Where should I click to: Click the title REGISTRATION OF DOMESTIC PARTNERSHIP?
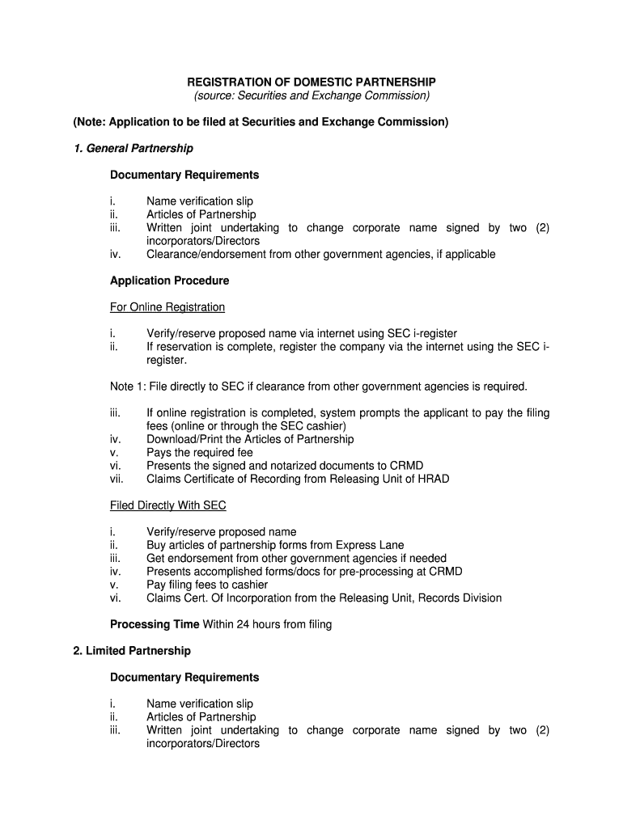tap(311, 82)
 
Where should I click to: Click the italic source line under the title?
tap(311, 95)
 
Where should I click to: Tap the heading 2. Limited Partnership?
tap(131, 651)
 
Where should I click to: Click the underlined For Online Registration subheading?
tap(167, 307)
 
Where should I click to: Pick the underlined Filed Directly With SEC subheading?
tap(168, 505)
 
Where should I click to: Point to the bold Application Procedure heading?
tap(169, 281)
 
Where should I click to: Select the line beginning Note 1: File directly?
tap(319, 386)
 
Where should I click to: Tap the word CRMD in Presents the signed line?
tap(407, 466)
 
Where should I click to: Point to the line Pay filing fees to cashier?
tap(207, 585)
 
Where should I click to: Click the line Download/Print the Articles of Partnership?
tap(250, 439)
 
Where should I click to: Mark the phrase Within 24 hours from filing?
tap(267, 624)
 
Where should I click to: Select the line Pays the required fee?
tap(200, 453)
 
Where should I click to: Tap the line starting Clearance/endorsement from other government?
tap(320, 254)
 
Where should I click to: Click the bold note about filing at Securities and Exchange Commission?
tap(261, 122)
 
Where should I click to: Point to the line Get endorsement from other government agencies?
tap(296, 558)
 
